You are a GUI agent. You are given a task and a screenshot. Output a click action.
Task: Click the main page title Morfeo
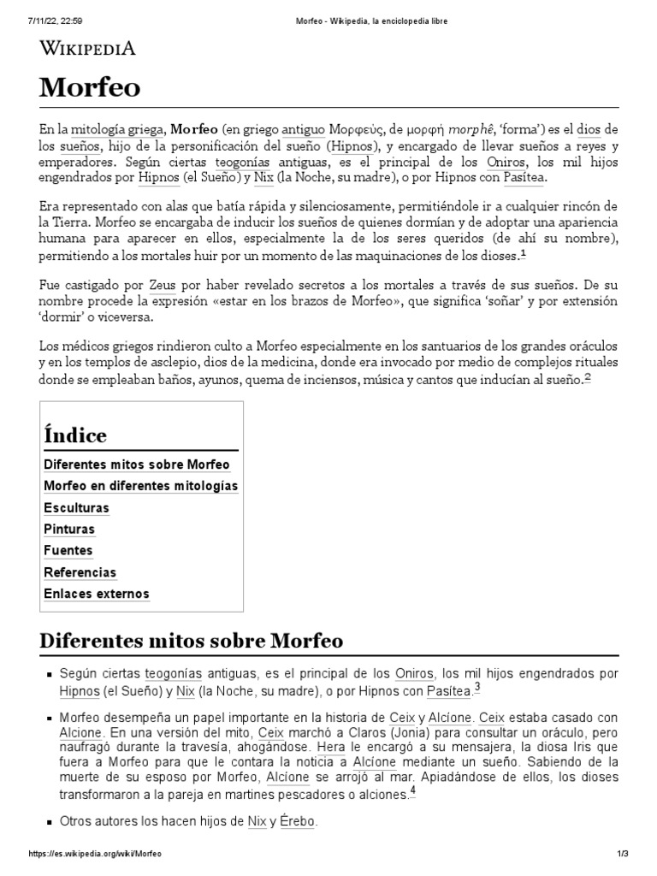click(91, 87)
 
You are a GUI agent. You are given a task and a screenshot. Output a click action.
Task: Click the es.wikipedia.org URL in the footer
click(95, 855)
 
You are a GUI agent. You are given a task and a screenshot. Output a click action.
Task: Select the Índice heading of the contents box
click(75, 435)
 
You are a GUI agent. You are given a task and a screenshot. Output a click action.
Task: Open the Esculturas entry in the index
click(76, 508)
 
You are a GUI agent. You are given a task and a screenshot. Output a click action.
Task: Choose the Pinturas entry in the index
click(69, 530)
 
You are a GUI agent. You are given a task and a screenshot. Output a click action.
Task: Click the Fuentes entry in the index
click(68, 551)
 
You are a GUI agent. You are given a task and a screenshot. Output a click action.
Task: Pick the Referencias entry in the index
click(80, 572)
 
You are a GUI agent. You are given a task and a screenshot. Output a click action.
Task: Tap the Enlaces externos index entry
click(96, 594)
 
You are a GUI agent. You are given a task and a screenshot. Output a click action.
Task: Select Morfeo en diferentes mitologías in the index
click(140, 486)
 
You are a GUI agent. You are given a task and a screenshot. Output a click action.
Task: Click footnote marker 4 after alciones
click(412, 790)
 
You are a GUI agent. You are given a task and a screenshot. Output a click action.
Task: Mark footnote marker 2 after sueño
click(588, 377)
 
